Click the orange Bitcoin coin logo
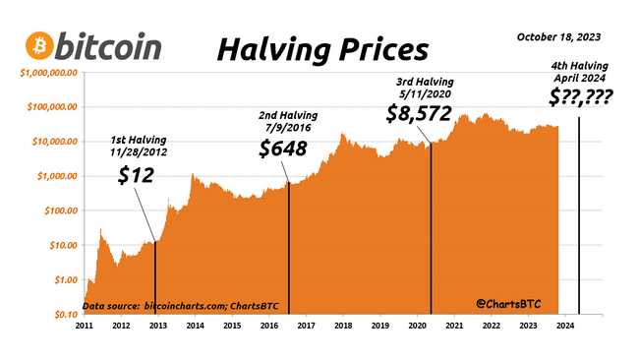(40, 45)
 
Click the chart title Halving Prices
(322, 47)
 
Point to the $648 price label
(283, 150)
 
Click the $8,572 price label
(419, 113)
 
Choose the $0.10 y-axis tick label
(63, 314)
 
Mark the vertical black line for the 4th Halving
(578, 216)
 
